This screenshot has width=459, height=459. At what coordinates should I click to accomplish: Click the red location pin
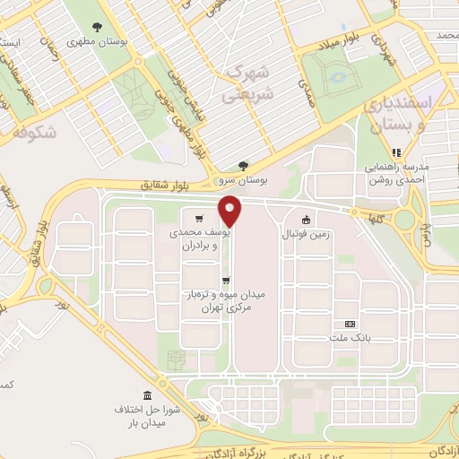click(231, 211)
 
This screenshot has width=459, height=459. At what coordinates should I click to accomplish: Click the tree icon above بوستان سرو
click(243, 166)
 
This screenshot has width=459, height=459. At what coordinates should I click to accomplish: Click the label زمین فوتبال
click(306, 234)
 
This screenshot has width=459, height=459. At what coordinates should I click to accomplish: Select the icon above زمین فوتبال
click(306, 220)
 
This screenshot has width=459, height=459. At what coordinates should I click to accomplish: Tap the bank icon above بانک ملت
click(350, 324)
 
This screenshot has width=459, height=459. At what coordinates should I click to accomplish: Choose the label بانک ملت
click(350, 338)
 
